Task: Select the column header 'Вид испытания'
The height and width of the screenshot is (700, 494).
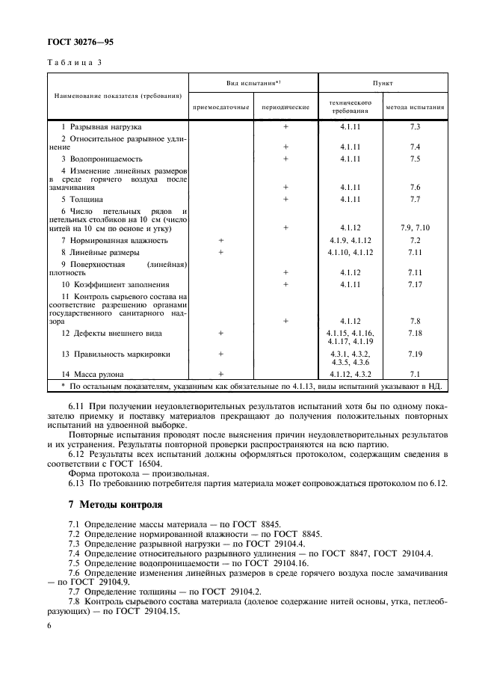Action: pos(253,83)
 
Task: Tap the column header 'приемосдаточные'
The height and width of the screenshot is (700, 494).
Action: pos(220,107)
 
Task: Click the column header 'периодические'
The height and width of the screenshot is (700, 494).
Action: pos(285,107)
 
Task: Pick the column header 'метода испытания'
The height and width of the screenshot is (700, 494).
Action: pos(416,107)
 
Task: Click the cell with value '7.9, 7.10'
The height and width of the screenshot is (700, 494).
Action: pos(416,227)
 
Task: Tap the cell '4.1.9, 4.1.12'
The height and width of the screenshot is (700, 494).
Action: pos(351,241)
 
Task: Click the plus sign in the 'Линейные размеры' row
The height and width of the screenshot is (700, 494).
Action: pos(220,253)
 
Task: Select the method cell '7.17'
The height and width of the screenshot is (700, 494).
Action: pos(416,285)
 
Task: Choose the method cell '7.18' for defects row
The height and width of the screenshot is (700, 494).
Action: pos(416,332)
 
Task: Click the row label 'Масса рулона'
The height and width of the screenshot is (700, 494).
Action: pos(93,373)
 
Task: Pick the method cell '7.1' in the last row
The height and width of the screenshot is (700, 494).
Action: pos(416,373)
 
